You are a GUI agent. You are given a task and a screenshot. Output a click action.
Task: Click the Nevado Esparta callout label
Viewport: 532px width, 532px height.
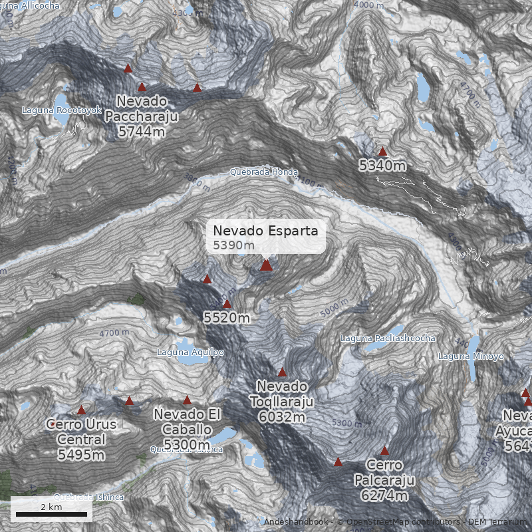tap(266, 237)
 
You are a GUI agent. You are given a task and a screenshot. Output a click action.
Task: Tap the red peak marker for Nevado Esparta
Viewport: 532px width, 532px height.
tap(266, 265)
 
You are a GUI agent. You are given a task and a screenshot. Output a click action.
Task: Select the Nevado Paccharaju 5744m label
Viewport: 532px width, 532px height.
tap(142, 116)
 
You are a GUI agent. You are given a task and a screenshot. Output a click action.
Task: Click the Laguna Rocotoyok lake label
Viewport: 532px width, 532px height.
tap(61, 109)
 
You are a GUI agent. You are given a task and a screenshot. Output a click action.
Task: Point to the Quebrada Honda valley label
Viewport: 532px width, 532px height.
tap(264, 171)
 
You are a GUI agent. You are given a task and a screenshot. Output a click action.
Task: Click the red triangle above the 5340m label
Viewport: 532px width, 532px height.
tap(382, 152)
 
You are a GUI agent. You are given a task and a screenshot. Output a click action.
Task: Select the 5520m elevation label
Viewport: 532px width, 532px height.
tap(227, 318)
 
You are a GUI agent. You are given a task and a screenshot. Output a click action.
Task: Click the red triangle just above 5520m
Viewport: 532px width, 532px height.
tap(227, 304)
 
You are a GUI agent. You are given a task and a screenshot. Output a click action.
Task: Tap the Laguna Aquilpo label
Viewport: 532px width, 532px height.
tap(190, 352)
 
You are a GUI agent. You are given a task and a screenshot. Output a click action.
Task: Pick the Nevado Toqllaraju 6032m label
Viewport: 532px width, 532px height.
tap(282, 402)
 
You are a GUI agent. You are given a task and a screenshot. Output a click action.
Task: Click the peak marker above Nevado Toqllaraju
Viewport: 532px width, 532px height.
tap(282, 372)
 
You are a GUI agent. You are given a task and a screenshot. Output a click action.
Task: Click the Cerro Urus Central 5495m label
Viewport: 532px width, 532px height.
tap(81, 439)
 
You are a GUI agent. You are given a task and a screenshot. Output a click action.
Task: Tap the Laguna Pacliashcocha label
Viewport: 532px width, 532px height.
tap(388, 338)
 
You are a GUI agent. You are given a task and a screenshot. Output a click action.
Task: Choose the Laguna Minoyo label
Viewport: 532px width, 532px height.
tap(471, 356)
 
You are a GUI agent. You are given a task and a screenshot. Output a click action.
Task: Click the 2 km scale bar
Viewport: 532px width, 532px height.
tap(51, 513)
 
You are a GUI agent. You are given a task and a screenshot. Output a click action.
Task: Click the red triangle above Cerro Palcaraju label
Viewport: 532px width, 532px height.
tap(384, 451)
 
